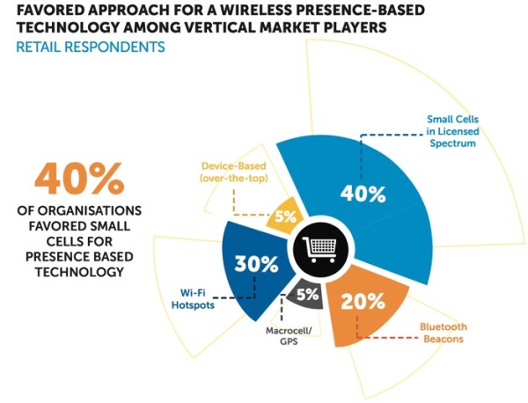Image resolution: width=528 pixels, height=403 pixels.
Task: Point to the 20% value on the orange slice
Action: pyautogui.click(x=363, y=300)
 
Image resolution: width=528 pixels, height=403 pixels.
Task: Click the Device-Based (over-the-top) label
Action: pyautogui.click(x=237, y=172)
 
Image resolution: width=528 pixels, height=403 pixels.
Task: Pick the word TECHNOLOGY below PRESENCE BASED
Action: pyautogui.click(x=77, y=272)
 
